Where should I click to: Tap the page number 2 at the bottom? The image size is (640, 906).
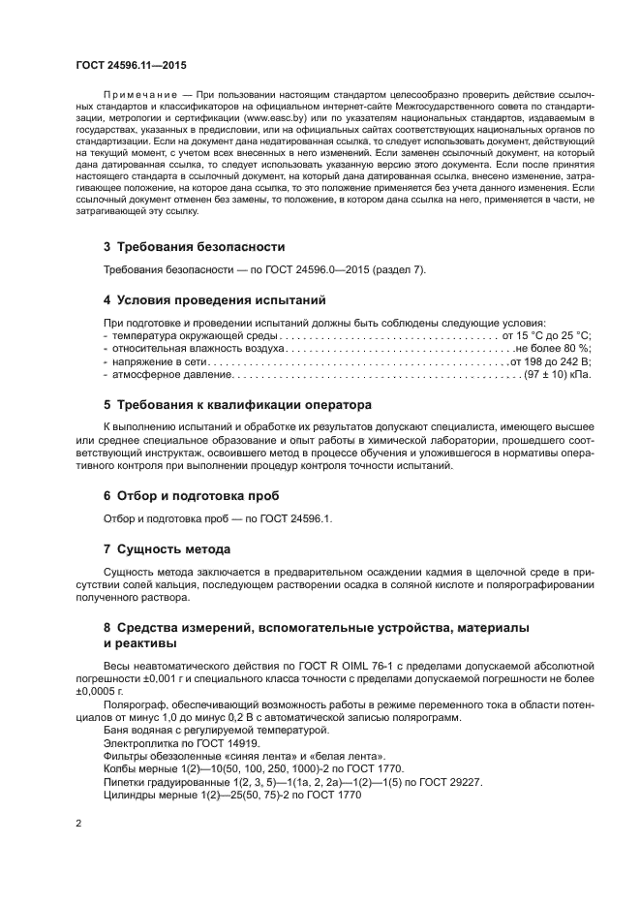click(x=79, y=823)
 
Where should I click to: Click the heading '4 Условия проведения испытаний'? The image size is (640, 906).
click(x=214, y=300)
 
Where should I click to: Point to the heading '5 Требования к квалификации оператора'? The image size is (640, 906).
click(x=237, y=403)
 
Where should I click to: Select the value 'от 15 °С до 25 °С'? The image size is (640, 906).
click(x=547, y=334)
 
